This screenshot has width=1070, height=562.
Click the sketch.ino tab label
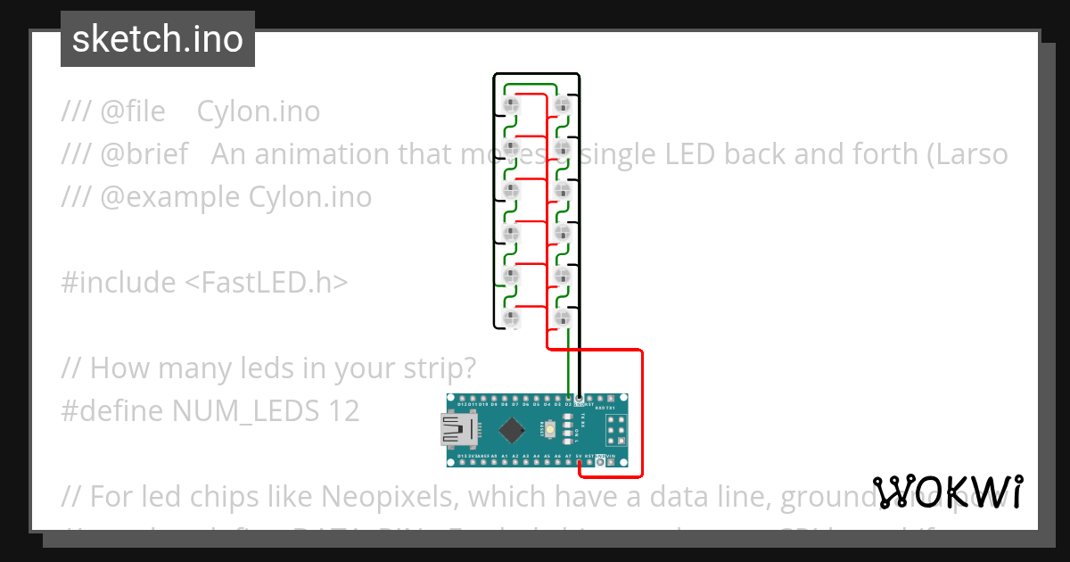157,39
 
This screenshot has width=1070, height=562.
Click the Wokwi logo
947,492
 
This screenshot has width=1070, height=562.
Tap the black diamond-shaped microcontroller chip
512,431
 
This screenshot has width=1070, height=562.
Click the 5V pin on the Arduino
580,462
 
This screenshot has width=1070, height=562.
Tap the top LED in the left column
511,105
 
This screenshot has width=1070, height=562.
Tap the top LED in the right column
562,105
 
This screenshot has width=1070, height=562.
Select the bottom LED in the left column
511,318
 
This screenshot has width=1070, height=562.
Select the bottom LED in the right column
562,318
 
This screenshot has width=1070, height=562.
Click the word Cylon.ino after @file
258,112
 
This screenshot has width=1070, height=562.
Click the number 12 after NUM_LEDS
343,410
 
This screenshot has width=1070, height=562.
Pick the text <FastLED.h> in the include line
267,283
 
